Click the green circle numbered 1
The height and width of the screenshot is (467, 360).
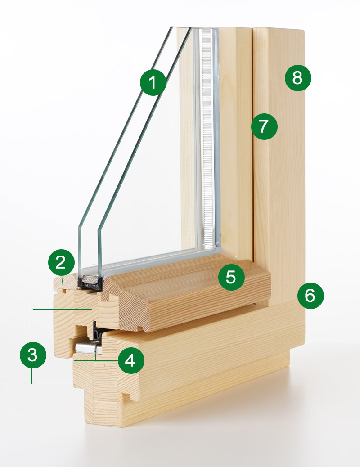point(153,83)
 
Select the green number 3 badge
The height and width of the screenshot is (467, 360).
point(33,355)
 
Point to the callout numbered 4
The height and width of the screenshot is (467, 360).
point(130,361)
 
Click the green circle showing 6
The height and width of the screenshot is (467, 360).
point(310,296)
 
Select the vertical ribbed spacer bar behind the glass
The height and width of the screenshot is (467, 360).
point(207,135)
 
